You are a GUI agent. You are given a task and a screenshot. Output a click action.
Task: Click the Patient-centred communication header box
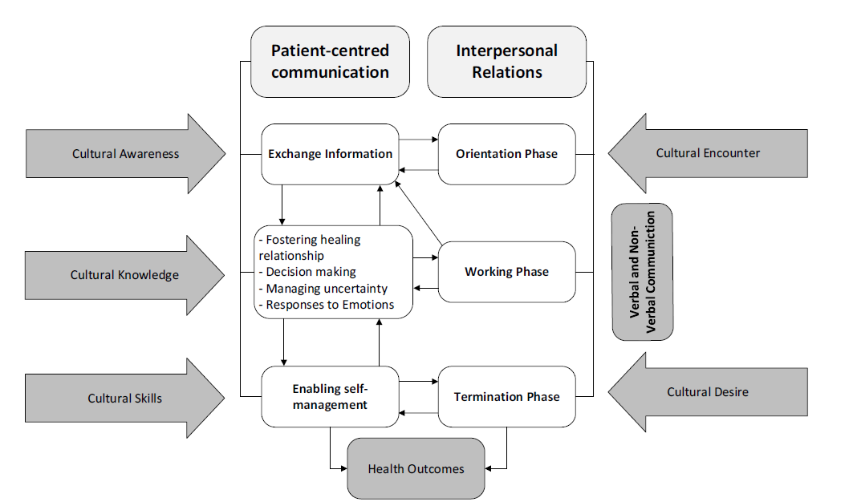[x=330, y=62]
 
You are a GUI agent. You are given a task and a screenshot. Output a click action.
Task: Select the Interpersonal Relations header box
[x=506, y=62]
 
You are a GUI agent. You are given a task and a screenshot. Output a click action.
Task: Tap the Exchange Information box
[x=330, y=154]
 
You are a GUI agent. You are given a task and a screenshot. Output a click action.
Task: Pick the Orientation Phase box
[x=506, y=154]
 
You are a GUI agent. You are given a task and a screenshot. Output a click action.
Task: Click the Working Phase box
[x=506, y=272]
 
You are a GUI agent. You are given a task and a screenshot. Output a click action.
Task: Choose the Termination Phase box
[x=506, y=397]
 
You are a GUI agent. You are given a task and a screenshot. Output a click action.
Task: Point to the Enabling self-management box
[x=330, y=397]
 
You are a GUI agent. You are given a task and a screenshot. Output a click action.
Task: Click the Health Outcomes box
[x=416, y=468]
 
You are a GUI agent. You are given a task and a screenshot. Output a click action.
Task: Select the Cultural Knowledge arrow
[x=124, y=275]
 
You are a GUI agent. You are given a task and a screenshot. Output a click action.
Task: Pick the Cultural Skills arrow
[x=124, y=398]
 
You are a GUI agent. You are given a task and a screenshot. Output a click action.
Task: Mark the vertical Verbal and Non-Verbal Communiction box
[x=642, y=272]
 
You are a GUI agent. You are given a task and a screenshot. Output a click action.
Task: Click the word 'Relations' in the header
[x=506, y=73]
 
